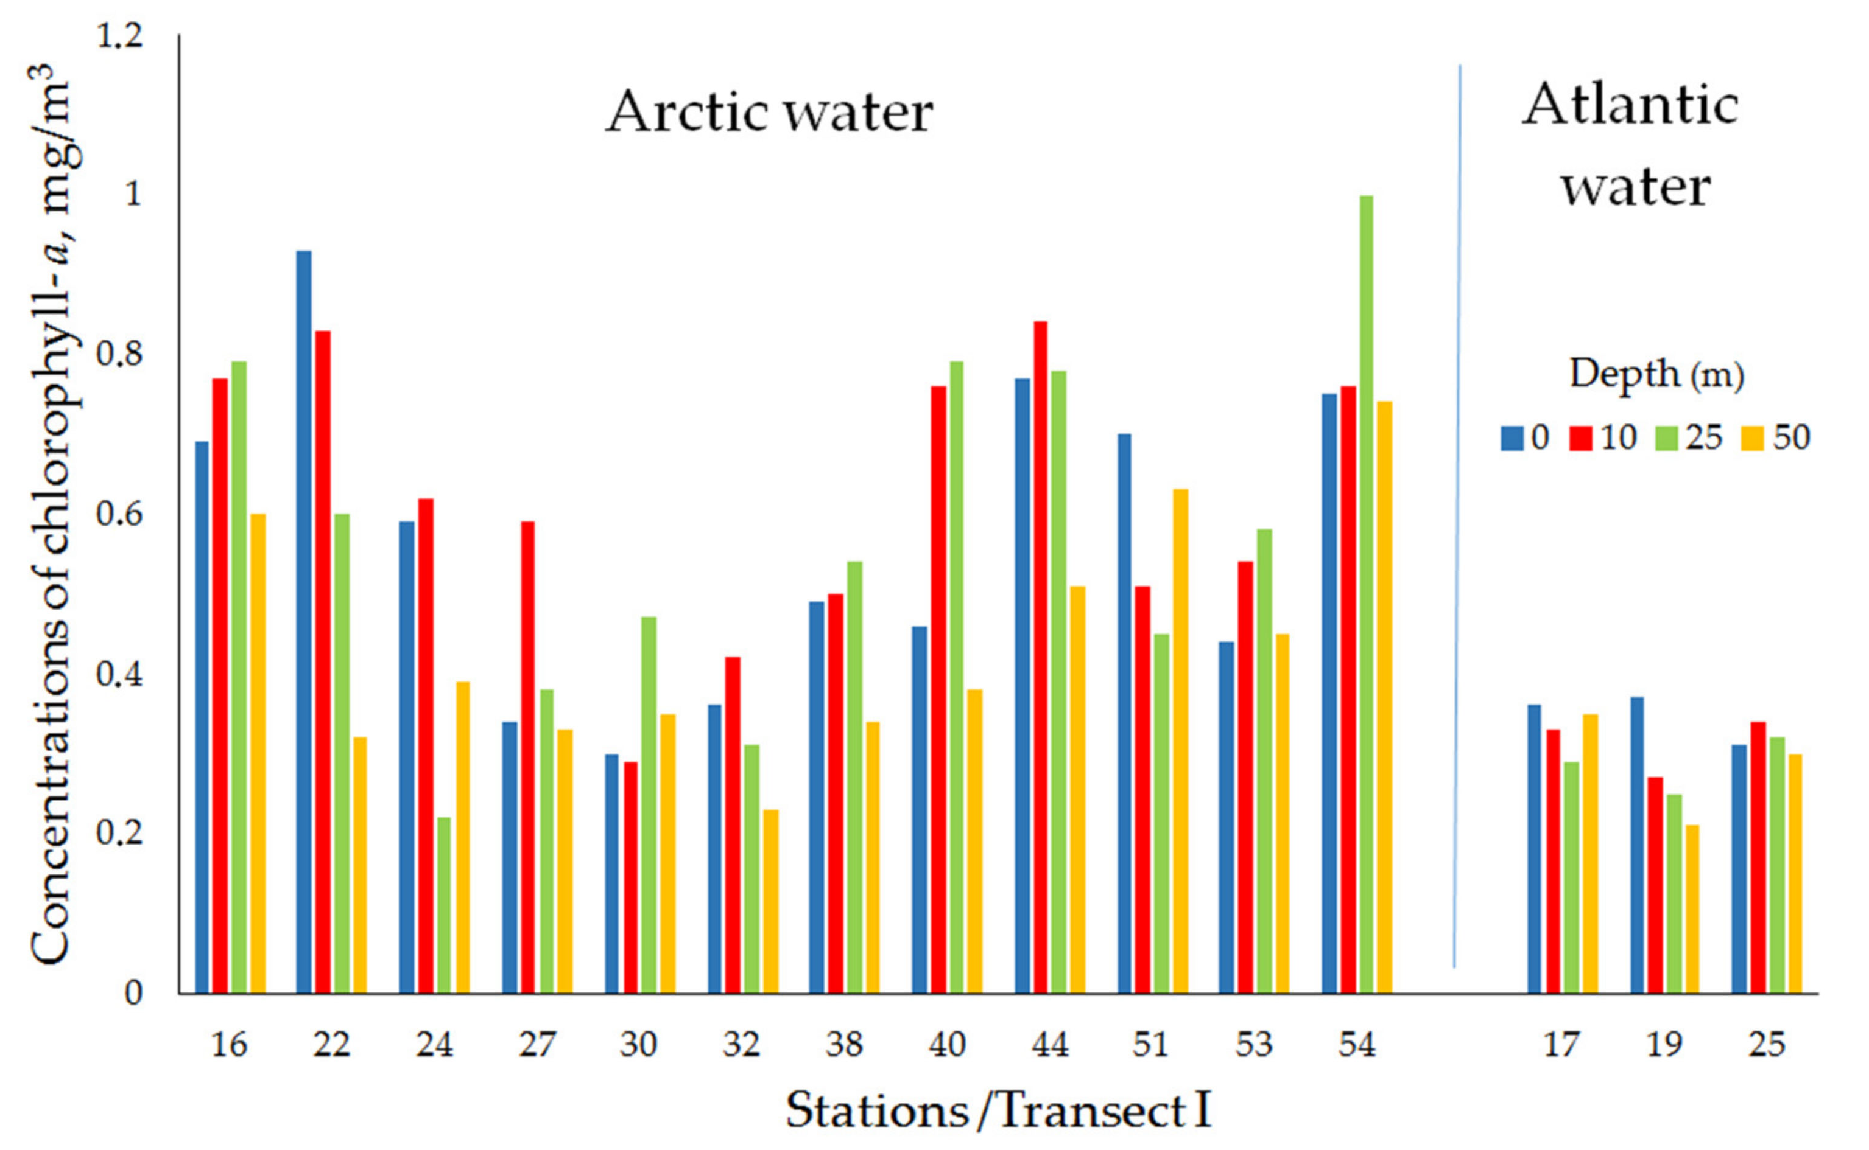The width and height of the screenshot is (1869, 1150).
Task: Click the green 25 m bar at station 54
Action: [1366, 593]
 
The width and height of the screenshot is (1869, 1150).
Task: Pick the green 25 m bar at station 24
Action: [444, 905]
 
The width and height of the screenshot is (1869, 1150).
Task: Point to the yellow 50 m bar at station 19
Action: [1691, 909]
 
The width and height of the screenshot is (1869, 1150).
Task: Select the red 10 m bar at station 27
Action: [527, 757]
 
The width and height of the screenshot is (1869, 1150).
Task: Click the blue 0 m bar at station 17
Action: [1534, 848]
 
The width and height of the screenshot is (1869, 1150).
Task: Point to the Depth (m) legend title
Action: [1656, 374]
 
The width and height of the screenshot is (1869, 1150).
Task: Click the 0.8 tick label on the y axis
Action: [120, 354]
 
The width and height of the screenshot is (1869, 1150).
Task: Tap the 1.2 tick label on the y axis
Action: [120, 36]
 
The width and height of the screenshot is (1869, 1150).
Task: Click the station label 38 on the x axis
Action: [844, 1045]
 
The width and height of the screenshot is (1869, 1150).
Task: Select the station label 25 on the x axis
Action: [1766, 1045]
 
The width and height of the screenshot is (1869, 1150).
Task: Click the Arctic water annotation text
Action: [769, 113]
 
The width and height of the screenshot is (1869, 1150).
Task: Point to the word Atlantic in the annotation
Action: [1630, 105]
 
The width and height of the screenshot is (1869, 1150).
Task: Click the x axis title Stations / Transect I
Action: [998, 1110]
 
